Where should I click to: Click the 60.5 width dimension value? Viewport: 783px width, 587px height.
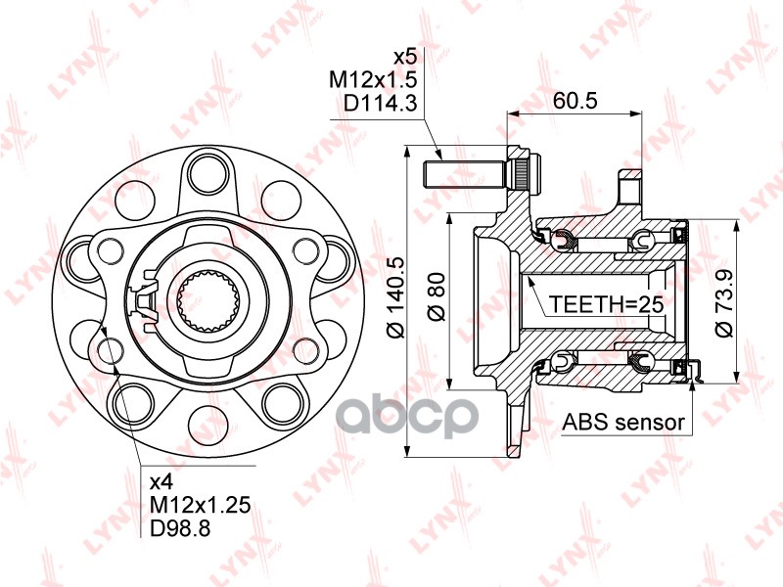575,100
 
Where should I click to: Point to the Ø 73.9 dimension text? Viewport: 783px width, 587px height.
723,303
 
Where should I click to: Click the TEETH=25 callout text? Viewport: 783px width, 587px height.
606,304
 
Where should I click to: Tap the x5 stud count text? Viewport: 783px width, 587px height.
404,55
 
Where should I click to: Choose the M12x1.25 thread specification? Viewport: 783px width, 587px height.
200,505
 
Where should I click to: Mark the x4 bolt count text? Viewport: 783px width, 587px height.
161,481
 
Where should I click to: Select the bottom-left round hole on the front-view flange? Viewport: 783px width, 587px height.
131,396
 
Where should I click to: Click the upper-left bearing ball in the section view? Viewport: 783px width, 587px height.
562,240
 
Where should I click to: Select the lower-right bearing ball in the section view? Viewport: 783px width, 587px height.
644,363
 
